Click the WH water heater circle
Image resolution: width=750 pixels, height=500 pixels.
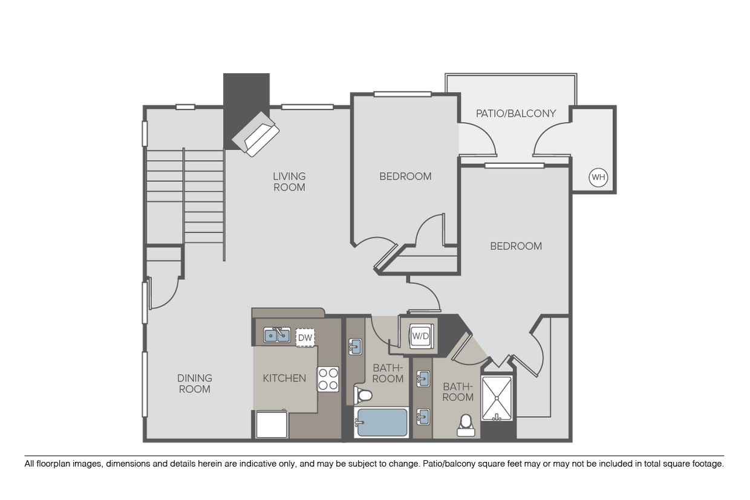coord(598,177)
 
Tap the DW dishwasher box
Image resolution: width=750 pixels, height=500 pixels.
coord(305,337)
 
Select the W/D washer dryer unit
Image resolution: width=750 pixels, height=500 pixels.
coord(420,335)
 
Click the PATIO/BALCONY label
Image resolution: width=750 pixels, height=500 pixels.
coord(515,113)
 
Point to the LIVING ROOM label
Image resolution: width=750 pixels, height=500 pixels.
coord(289,181)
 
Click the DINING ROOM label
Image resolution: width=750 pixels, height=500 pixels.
coord(195,383)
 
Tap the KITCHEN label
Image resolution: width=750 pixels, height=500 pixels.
coord(284,378)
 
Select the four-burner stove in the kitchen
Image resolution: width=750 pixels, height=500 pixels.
coord(328,379)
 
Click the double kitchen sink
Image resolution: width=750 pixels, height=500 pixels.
coord(276,334)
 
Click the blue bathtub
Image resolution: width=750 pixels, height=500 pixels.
coord(381,422)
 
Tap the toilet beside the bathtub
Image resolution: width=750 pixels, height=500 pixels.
coord(364,395)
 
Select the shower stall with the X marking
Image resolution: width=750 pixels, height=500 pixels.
coord(497,398)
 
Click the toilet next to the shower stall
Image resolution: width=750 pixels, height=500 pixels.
coord(466,425)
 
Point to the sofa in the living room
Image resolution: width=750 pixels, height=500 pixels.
coord(256,134)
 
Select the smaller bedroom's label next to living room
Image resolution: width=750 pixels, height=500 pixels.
coord(405,177)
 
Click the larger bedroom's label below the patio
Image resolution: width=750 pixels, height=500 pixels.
coord(515,246)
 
